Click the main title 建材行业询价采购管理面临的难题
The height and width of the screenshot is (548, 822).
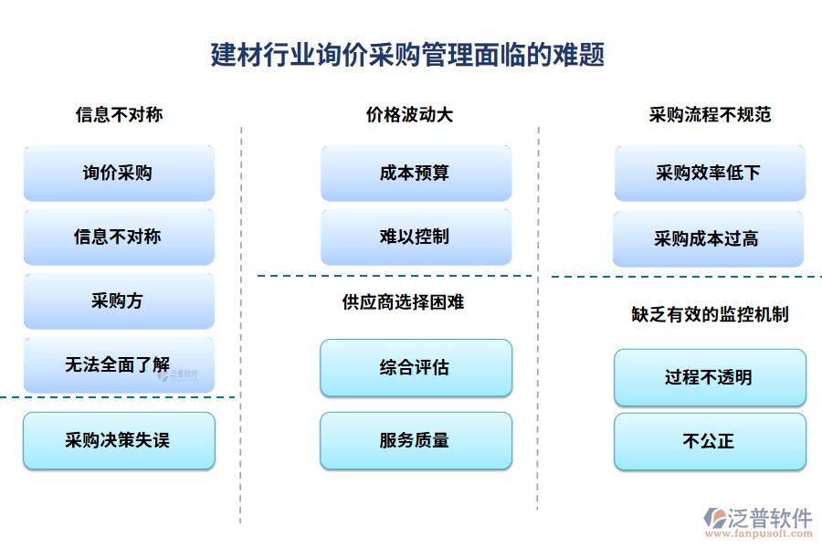(407, 55)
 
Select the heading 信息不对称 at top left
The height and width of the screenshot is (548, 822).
(119, 115)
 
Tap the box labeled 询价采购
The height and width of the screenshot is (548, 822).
(119, 173)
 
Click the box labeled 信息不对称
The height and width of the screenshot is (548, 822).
(119, 237)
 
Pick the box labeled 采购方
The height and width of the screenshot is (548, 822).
(119, 300)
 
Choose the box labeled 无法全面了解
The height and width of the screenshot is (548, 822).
(119, 364)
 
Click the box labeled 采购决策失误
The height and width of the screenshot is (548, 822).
(119, 440)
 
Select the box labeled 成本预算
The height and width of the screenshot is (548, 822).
(416, 173)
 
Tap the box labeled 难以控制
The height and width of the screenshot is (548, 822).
(416, 237)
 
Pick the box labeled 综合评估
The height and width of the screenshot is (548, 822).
(416, 367)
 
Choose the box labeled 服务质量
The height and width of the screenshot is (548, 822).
(416, 440)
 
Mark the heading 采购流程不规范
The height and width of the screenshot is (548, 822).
(710, 115)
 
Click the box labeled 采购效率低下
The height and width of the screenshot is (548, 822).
(710, 173)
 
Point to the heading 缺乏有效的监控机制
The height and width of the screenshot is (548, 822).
(710, 314)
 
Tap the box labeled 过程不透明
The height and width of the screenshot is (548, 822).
(710, 377)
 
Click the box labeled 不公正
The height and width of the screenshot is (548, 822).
(710, 441)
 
